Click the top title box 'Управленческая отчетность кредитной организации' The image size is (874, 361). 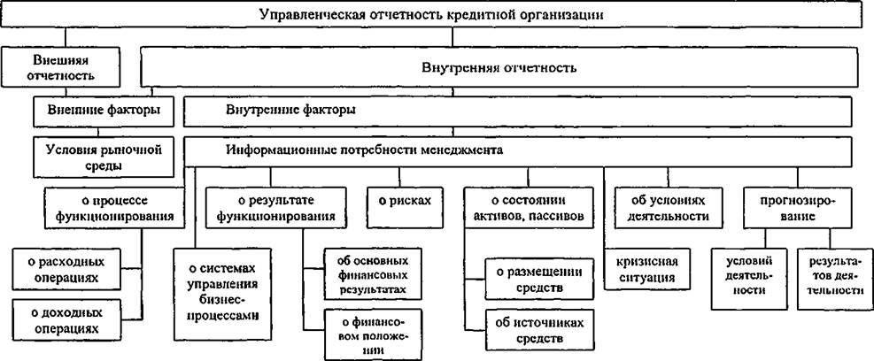437,14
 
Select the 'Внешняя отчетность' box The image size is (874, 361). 61,67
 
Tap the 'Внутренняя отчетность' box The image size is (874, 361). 499,67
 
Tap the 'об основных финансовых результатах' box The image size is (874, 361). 372,275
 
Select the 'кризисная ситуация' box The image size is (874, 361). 646,269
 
